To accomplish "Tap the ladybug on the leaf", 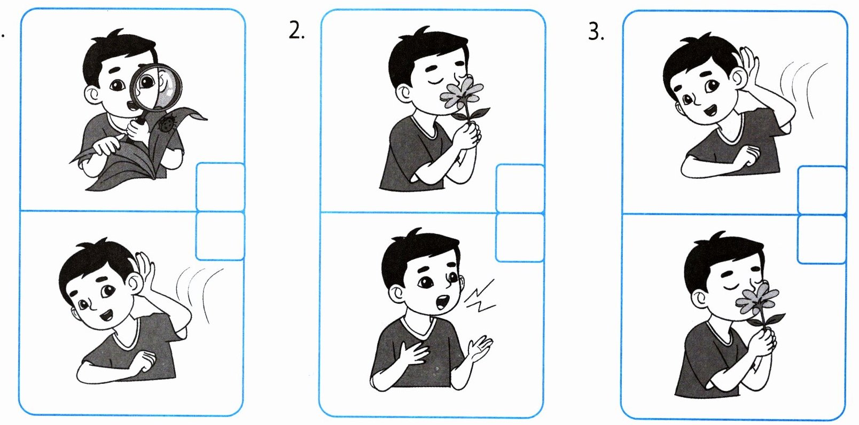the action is (x=167, y=124).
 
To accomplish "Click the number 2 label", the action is (x=296, y=30).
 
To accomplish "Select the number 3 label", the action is (x=596, y=32).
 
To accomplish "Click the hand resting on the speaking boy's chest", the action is (x=413, y=353).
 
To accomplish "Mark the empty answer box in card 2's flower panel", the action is (x=520, y=188).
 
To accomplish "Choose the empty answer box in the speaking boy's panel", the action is (x=520, y=238).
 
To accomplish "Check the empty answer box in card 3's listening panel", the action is (x=822, y=190).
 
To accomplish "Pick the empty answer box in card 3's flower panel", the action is (x=822, y=239).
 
